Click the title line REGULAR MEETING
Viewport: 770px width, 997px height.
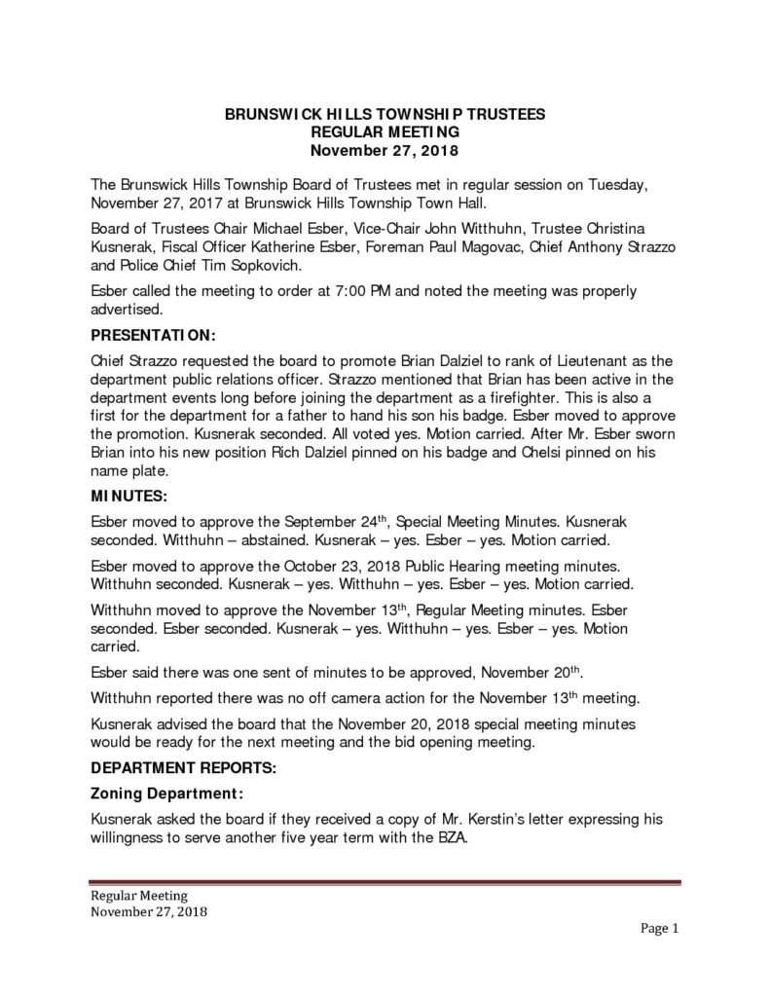click(385, 131)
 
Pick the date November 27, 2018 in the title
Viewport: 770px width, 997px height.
click(385, 150)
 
